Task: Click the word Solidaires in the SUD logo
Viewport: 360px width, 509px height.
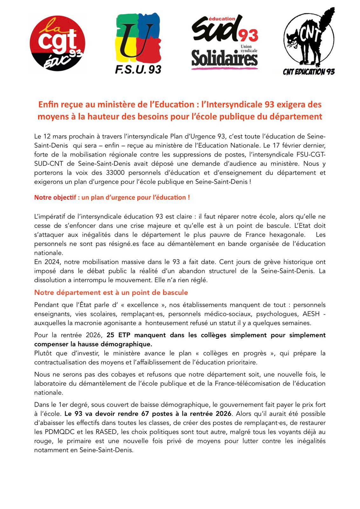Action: [x=224, y=59]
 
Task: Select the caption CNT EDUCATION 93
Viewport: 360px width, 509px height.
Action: [x=308, y=72]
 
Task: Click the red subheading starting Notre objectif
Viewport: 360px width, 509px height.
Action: [x=112, y=197]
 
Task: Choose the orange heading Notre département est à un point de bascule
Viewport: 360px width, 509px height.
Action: [x=111, y=292]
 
